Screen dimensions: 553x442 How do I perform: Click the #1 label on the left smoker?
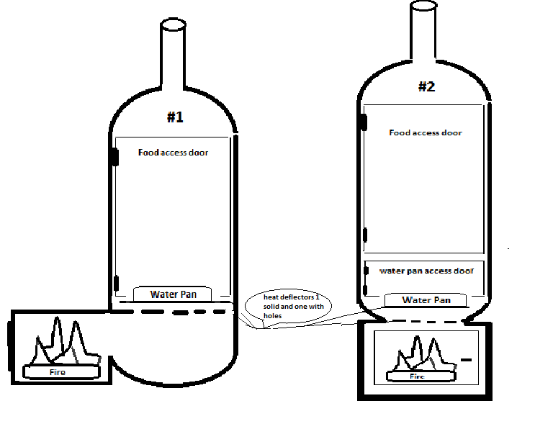pyautogui.click(x=175, y=117)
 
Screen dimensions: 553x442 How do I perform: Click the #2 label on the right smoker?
pyautogui.click(x=427, y=86)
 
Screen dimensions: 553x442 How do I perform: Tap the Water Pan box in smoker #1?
pyautogui.click(x=173, y=294)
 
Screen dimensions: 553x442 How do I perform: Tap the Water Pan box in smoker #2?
pyautogui.click(x=426, y=300)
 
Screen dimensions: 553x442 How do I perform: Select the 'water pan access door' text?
pyautogui.click(x=426, y=271)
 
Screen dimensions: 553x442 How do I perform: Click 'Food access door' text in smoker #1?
pyautogui.click(x=173, y=153)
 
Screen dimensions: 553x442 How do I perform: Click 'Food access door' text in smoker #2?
pyautogui.click(x=426, y=132)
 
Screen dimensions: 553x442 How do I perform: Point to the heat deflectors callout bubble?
pyautogui.click(x=288, y=306)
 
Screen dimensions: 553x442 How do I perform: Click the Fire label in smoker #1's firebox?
pyautogui.click(x=58, y=372)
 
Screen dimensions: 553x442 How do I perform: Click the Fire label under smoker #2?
pyautogui.click(x=417, y=376)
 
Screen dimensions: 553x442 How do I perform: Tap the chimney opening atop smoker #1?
pyautogui.click(x=173, y=24)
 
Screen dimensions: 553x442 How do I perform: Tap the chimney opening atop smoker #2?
pyautogui.click(x=423, y=6)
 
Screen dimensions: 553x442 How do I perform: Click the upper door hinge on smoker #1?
pyautogui.click(x=115, y=157)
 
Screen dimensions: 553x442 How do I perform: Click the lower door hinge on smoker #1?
pyautogui.click(x=117, y=284)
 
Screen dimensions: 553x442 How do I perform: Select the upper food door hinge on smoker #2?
pyautogui.click(x=364, y=122)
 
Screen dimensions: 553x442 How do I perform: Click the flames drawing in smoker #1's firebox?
pyautogui.click(x=66, y=341)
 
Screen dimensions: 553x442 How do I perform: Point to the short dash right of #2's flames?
pyautogui.click(x=467, y=360)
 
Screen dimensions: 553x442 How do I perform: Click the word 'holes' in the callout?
pyautogui.click(x=273, y=316)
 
